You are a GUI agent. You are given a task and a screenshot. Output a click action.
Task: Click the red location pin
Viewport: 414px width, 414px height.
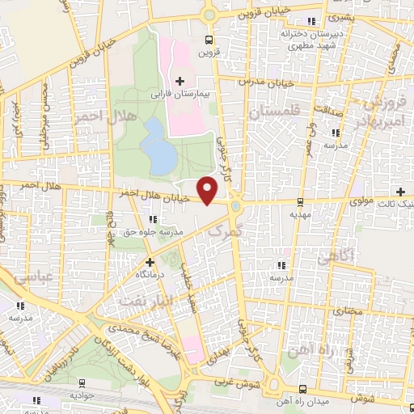tap(209, 189)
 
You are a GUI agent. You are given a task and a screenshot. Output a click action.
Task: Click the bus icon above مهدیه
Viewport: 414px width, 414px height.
tap(300, 202)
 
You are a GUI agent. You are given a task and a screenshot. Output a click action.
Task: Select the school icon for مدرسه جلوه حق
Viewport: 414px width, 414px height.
tap(153, 219)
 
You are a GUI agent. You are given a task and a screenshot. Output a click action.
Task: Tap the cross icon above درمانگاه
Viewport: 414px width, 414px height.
tap(149, 262)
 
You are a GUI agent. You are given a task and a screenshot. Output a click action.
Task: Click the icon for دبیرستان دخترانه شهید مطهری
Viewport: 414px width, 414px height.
tap(311, 22)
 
